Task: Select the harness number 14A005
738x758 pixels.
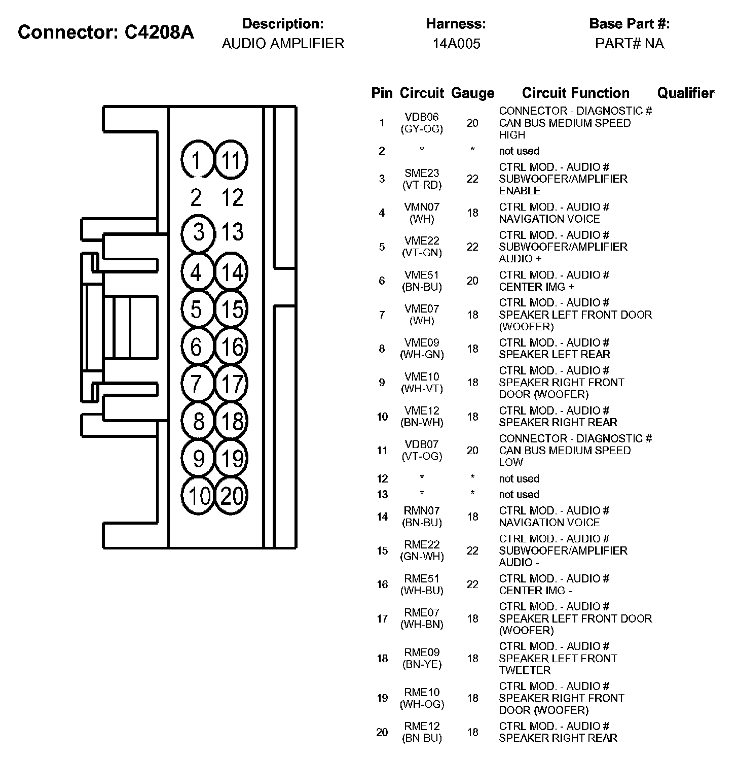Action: pyautogui.click(x=456, y=44)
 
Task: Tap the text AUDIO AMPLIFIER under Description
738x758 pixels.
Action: pyautogui.click(x=283, y=44)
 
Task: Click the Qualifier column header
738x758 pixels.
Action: pyautogui.click(x=685, y=93)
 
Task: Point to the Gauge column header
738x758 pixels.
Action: pyautogui.click(x=472, y=93)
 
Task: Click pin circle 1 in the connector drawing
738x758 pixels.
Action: pyautogui.click(x=197, y=160)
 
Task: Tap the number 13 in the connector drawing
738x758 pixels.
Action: pyautogui.click(x=233, y=232)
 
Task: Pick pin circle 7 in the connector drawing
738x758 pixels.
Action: pyautogui.click(x=197, y=384)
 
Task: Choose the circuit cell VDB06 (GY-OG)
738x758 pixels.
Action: pyautogui.click(x=422, y=123)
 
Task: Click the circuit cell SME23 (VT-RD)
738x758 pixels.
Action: pyautogui.click(x=422, y=179)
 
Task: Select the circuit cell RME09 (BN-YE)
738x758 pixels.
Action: pyautogui.click(x=422, y=659)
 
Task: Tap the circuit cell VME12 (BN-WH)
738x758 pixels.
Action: pyautogui.click(x=422, y=417)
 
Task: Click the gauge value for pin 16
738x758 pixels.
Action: pyautogui.click(x=472, y=584)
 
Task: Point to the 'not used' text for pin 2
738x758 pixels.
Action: pyautogui.click(x=519, y=151)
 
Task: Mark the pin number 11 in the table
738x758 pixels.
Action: pyautogui.click(x=382, y=451)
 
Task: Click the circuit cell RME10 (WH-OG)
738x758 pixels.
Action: pyautogui.click(x=422, y=698)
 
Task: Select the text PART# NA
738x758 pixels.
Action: pyautogui.click(x=630, y=44)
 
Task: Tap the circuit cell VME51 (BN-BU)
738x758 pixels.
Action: pyautogui.click(x=422, y=281)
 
